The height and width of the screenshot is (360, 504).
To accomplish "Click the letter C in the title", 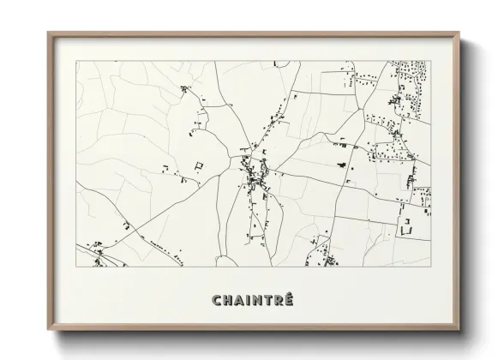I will pyautogui.click(x=215, y=299).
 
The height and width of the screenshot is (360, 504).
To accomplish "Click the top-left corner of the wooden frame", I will pyautogui.click(x=48, y=33).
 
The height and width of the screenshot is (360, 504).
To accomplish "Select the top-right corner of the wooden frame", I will pyautogui.click(x=459, y=33).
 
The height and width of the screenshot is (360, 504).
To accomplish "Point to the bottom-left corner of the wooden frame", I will pyautogui.click(x=48, y=329).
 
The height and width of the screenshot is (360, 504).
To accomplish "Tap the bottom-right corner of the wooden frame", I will pyautogui.click(x=459, y=329).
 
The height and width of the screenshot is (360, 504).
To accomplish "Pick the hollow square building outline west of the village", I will pyautogui.click(x=199, y=165).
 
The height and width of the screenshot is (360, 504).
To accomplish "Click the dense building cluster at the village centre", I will pyautogui.click(x=255, y=177).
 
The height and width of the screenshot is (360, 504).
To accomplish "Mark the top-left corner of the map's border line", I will pyautogui.click(x=76, y=61).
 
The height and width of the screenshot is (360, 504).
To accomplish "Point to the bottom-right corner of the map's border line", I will pyautogui.click(x=431, y=267).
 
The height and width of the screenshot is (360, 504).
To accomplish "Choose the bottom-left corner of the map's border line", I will pyautogui.click(x=76, y=267).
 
